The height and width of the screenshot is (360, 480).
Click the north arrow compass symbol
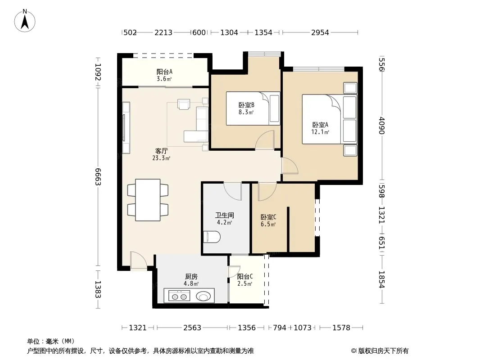pos(25,21)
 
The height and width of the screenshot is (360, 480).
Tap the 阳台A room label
pos(164,72)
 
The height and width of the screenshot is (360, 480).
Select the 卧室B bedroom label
pos(246,105)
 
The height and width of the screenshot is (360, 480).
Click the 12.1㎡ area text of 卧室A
pos(320,132)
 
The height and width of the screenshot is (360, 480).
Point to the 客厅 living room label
pos(161,151)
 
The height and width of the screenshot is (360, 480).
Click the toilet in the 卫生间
pos(212,237)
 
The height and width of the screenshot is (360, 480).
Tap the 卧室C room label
pos(268,217)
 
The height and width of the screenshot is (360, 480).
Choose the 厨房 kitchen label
pos(191,276)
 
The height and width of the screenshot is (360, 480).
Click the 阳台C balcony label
pos(245,276)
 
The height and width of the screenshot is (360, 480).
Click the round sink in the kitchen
pos(203,296)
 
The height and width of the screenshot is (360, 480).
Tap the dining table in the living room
pos(148,200)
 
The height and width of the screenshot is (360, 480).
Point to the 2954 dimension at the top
pos(320,32)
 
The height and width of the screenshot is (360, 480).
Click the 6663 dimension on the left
pos(98,176)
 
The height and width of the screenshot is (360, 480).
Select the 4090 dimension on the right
pos(381,126)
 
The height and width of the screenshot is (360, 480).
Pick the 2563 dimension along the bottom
pos(192,328)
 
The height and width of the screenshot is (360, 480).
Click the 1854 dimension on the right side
pos(381,279)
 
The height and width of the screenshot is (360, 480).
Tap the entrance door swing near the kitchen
pos(138,261)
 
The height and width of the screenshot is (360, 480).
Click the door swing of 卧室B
pos(265,140)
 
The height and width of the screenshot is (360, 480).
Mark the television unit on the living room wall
pos(126,127)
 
